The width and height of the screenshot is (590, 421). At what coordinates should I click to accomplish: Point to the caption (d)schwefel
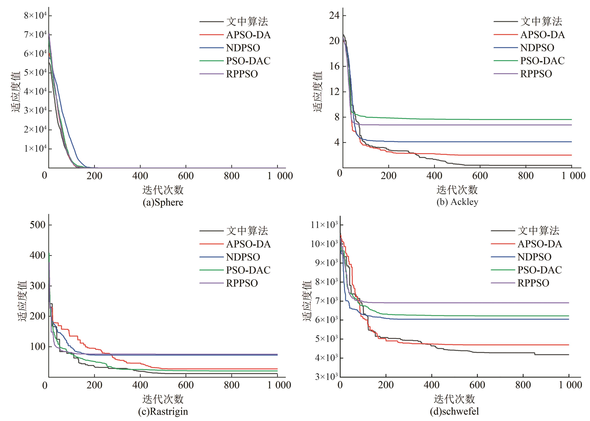[454, 411]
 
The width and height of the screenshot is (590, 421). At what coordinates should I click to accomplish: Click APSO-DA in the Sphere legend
[248, 35]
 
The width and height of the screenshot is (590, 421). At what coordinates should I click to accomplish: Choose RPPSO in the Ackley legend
[536, 74]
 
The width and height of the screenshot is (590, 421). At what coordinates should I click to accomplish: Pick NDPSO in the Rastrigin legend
[243, 257]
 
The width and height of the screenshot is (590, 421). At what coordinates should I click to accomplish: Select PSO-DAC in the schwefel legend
[539, 270]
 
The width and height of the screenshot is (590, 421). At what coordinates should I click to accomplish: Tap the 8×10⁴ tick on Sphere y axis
[35, 16]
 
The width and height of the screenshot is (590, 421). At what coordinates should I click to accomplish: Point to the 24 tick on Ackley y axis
[334, 16]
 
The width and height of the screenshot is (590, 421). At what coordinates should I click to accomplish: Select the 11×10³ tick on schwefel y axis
[324, 225]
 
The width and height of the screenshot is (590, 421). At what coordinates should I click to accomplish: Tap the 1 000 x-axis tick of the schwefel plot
[570, 385]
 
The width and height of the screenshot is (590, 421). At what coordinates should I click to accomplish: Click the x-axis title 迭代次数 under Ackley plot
[457, 190]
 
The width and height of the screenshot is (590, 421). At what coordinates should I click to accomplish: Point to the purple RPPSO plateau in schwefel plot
[467, 303]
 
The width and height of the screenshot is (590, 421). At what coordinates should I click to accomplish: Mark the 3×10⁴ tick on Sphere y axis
[35, 111]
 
